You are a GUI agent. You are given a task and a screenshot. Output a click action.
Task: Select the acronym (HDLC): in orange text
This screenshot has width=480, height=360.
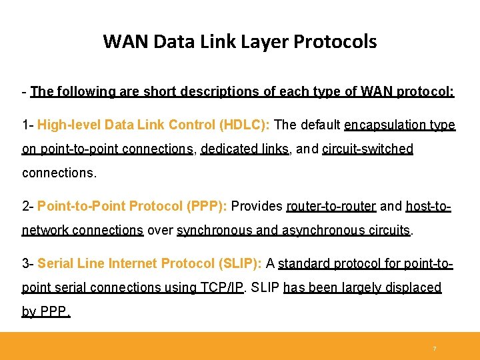[x=246, y=125]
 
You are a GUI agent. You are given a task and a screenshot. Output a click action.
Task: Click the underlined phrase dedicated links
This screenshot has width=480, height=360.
[x=245, y=149]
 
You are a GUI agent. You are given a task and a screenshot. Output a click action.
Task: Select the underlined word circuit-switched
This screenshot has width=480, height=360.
[x=367, y=149]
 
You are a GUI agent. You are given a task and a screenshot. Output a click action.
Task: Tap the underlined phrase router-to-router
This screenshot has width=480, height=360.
[x=331, y=206]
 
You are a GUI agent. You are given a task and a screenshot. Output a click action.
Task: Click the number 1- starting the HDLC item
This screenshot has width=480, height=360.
[x=27, y=125]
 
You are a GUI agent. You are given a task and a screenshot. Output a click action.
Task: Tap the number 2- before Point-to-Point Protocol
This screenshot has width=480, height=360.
[x=27, y=206]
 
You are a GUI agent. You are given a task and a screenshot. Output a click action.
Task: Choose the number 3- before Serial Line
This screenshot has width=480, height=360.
[x=27, y=263]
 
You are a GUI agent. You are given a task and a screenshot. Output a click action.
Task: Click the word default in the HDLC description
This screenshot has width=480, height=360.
[x=321, y=125]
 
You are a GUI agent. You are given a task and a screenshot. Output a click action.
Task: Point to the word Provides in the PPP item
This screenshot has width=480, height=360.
[x=257, y=206]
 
